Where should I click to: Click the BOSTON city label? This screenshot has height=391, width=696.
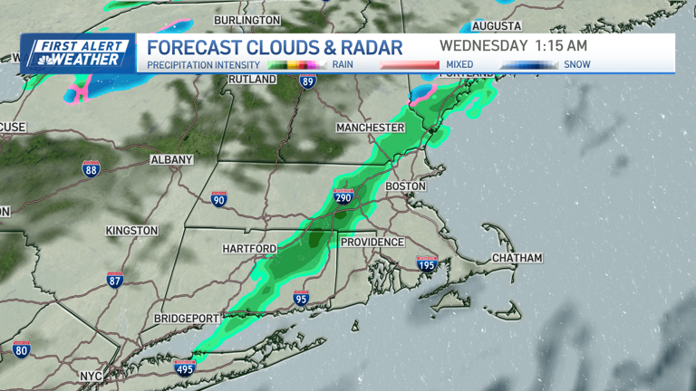click(x=405, y=186)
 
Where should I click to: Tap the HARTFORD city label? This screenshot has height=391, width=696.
click(x=249, y=248)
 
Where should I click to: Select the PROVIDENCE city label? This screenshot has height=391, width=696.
click(x=372, y=242)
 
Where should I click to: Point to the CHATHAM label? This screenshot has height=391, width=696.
click(x=517, y=258)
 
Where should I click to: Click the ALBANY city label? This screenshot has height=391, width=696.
click(x=171, y=159)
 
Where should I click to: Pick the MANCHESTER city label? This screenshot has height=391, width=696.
click(x=370, y=128)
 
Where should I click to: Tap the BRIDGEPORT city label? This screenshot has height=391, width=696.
click(x=187, y=319)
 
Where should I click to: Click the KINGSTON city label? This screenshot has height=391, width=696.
click(x=131, y=231)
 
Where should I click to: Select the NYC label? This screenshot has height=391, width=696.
click(x=89, y=375)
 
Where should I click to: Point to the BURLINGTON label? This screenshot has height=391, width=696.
click(x=247, y=19)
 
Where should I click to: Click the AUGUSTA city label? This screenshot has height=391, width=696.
click(x=497, y=25)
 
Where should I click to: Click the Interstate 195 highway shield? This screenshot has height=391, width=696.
click(x=426, y=263)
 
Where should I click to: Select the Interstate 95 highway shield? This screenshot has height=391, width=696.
click(x=301, y=298)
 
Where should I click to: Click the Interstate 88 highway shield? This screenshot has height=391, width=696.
click(x=91, y=168)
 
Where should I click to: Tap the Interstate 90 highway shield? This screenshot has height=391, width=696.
click(x=218, y=198)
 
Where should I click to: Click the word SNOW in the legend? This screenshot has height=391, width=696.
click(x=576, y=64)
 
